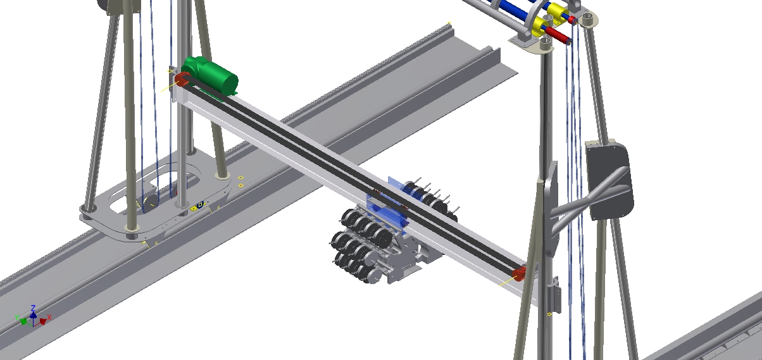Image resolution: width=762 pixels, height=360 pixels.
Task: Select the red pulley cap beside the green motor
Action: click(x=183, y=80)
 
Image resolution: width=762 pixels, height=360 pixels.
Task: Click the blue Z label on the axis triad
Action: click(x=33, y=308)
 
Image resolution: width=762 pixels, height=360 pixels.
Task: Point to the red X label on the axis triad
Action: click(x=49, y=317)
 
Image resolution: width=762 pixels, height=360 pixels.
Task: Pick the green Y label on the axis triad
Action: click(x=17, y=317)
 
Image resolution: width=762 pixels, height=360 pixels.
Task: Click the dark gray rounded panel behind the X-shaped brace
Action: click(x=609, y=180)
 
